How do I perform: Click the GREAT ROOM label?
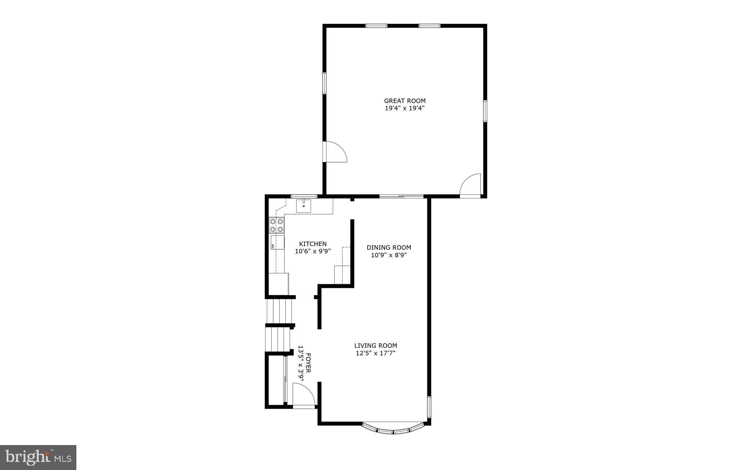coord(405,101)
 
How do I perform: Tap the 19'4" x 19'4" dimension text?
coord(405,108)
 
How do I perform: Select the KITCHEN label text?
coord(312,244)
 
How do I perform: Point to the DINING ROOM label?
coord(388,247)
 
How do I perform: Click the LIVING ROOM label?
coord(375,346)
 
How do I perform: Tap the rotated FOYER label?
coord(308,363)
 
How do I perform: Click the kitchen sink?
coord(304,206)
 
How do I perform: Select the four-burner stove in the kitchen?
coord(277,225)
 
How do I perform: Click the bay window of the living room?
coord(394,431)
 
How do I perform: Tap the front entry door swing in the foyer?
coord(304,395)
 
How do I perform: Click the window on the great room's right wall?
coord(485,111)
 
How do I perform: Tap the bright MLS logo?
coord(38,457)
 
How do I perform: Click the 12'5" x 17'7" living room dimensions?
coord(375,354)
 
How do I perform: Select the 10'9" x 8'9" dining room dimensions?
coord(388,255)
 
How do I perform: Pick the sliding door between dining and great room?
coord(401,196)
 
